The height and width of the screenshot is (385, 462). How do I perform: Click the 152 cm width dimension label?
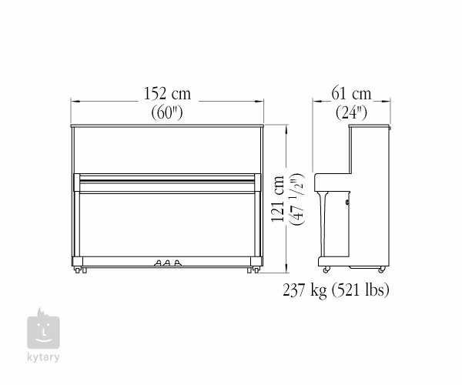167,93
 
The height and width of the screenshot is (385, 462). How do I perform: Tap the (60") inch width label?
167,112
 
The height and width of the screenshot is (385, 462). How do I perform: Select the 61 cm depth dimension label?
351,93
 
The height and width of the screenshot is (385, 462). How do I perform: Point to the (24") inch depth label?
352,112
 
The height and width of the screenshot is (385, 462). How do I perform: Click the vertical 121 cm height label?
277,199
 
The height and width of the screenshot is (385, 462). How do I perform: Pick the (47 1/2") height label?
296,199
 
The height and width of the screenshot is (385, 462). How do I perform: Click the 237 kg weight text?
305,290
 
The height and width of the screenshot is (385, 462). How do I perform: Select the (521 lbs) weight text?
360,290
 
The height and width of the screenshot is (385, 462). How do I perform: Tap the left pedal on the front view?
158,263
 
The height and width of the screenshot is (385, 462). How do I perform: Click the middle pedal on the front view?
167,263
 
